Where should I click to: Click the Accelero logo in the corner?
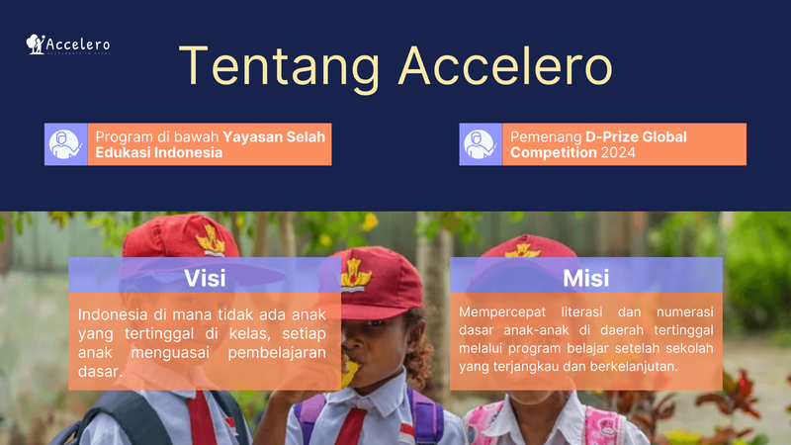[68, 44]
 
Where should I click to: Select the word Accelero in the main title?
[504, 66]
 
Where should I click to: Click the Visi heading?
[206, 277]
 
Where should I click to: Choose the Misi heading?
[585, 277]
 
